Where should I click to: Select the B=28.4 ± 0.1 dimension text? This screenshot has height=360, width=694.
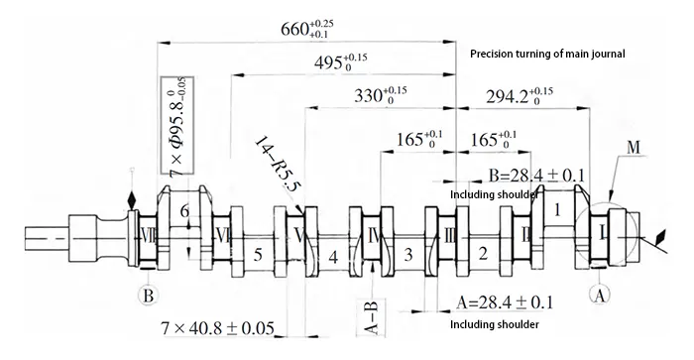click(x=536, y=176)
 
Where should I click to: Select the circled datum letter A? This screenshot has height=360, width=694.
click(x=597, y=294)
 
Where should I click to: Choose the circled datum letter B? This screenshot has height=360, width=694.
click(x=145, y=295)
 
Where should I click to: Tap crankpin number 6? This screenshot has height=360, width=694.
click(x=184, y=211)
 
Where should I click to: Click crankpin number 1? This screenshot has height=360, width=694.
click(x=558, y=210)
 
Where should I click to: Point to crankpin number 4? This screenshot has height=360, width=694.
click(x=334, y=257)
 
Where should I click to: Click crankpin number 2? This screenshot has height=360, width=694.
click(x=483, y=256)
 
